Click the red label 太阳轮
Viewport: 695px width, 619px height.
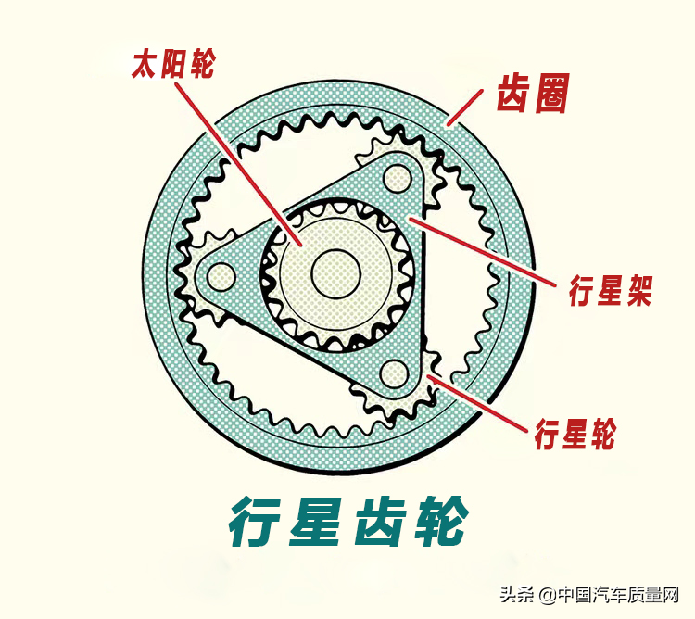tap(174, 64)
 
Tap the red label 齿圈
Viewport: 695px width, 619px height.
tap(532, 94)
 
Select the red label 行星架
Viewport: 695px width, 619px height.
tap(611, 290)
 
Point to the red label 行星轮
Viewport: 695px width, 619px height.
tap(575, 434)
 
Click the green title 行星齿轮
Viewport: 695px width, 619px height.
tap(348, 522)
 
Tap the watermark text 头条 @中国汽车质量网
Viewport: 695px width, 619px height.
tap(589, 595)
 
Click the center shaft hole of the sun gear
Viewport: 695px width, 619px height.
tap(335, 272)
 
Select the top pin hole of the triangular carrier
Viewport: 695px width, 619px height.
tap(398, 178)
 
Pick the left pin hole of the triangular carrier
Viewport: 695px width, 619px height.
tap(221, 277)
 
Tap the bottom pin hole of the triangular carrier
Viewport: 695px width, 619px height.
tap(394, 373)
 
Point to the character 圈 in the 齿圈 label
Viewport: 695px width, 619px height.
tap(551, 94)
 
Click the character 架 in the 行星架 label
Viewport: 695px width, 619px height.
tap(638, 290)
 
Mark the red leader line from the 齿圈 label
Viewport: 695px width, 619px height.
tap(464, 107)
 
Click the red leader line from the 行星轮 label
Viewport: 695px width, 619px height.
tap(477, 404)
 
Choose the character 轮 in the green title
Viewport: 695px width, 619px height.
tap(442, 522)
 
